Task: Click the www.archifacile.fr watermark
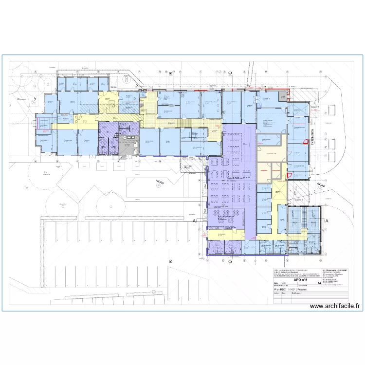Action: (334, 306)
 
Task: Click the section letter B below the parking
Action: (171, 261)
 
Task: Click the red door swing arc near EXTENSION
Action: (289, 176)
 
